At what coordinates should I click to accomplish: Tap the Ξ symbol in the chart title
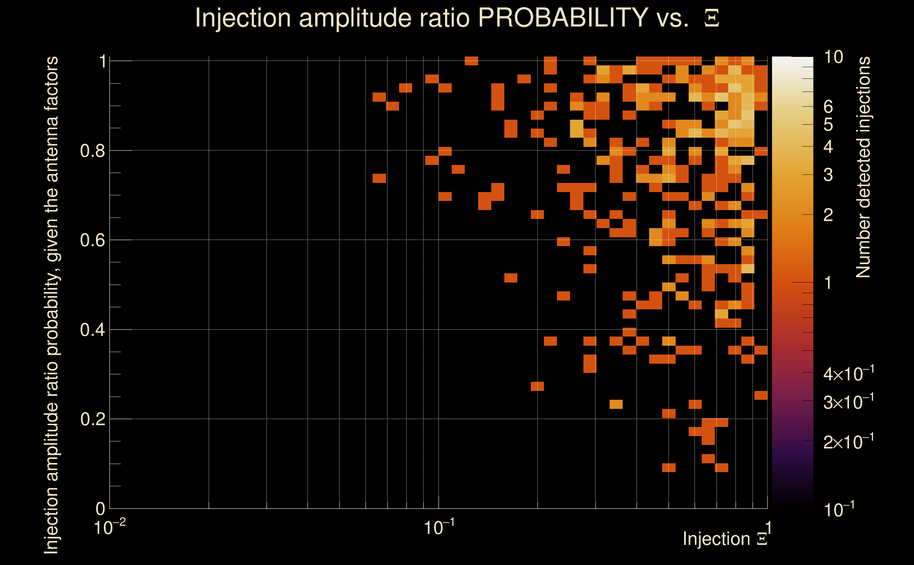(x=712, y=18)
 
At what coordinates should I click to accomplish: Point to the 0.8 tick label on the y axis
(x=92, y=151)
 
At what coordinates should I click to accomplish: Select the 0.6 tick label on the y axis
(x=92, y=240)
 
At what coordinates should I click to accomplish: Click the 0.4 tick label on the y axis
(x=92, y=330)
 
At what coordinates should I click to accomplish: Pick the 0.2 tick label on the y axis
(x=92, y=419)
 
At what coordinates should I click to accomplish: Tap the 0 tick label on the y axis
(x=101, y=509)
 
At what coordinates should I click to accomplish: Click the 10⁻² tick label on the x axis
(x=109, y=527)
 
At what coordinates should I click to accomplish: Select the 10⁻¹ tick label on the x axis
(x=439, y=527)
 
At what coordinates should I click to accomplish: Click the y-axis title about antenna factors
(x=51, y=305)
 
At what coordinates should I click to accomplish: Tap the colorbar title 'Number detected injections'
(x=863, y=167)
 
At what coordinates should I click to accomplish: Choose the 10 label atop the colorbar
(x=833, y=57)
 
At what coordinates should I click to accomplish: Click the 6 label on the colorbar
(x=828, y=107)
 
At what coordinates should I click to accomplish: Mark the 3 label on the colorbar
(x=828, y=175)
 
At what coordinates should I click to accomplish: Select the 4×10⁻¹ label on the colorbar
(x=848, y=373)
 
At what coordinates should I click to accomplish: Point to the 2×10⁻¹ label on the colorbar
(x=848, y=442)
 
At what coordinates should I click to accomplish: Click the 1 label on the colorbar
(x=828, y=283)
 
